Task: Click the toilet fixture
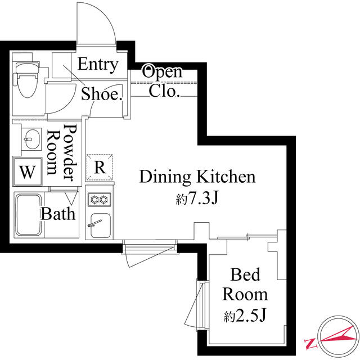pos(26,79)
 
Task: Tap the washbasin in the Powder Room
pos(31,139)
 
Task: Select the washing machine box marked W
pos(28,172)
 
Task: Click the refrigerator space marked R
pos(100,168)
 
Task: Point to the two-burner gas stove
pos(100,200)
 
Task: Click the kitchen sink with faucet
pos(100,225)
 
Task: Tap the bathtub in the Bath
pos(29,215)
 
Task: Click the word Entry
pos(98,64)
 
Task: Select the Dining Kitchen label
pos(197,177)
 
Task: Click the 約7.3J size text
pos(197,199)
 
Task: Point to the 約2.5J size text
pos(245,315)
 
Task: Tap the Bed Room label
pos(245,285)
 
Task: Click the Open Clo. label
pos(163,81)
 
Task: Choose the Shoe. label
pos(101,94)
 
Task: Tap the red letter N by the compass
pos(310,343)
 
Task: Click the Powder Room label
pos(61,152)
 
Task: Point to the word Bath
pos(58,214)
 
